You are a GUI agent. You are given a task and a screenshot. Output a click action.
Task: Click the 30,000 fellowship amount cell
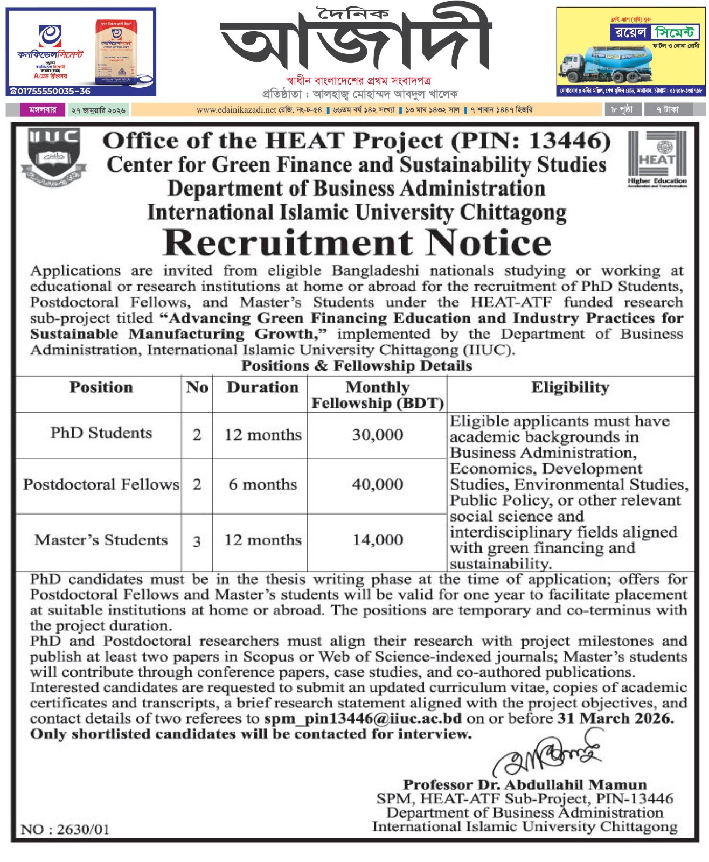[x=377, y=435]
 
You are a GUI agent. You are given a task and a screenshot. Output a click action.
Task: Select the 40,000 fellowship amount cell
[x=377, y=484]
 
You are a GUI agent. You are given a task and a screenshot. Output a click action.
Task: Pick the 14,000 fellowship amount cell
[x=377, y=540]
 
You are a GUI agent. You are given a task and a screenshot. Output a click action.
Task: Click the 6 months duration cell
[x=263, y=484]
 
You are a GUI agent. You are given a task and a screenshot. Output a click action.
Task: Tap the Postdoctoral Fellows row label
[x=101, y=484]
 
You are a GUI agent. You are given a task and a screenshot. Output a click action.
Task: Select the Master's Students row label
[x=101, y=540]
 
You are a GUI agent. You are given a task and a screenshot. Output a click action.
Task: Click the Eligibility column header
[x=570, y=387]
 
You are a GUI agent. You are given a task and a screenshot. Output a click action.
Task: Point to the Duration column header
[x=262, y=387]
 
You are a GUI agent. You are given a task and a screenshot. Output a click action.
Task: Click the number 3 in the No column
[x=197, y=541]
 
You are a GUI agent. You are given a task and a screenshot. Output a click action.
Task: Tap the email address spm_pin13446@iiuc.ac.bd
[x=363, y=719]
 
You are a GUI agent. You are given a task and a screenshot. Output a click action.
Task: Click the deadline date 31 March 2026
[x=615, y=719]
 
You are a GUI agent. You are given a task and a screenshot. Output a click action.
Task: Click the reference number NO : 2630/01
[x=65, y=829]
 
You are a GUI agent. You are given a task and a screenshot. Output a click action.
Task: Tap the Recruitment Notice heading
[x=357, y=242]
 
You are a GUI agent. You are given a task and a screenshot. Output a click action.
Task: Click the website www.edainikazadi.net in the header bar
[x=236, y=110]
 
